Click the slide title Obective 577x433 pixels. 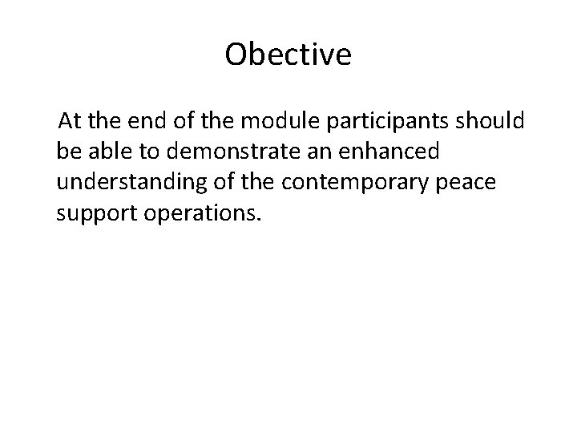coord(288,55)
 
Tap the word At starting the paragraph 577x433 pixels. coord(70,121)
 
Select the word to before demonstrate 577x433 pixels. coord(143,152)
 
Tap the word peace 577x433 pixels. coord(470,182)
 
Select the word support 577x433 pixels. coord(91,212)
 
